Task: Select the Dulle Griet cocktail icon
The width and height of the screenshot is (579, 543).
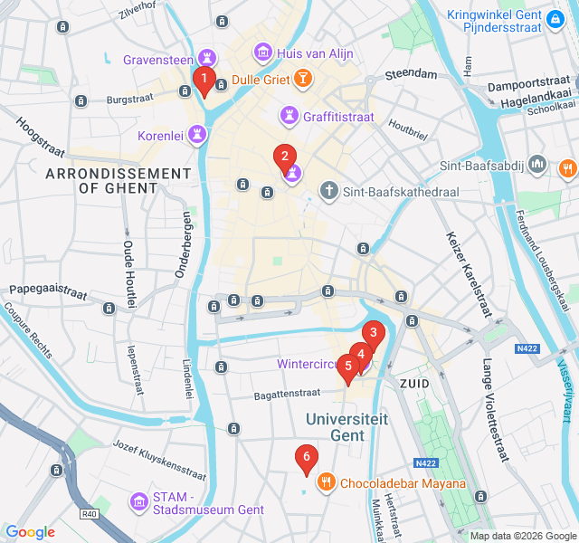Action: coord(302,80)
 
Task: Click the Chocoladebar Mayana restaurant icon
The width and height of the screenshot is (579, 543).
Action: coord(326,483)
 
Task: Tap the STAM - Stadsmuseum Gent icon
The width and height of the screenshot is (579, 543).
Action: coord(139,500)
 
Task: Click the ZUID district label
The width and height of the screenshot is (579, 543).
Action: coord(413,384)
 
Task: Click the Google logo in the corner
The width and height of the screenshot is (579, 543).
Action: coord(30,532)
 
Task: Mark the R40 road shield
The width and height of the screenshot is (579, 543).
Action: coord(89,514)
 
